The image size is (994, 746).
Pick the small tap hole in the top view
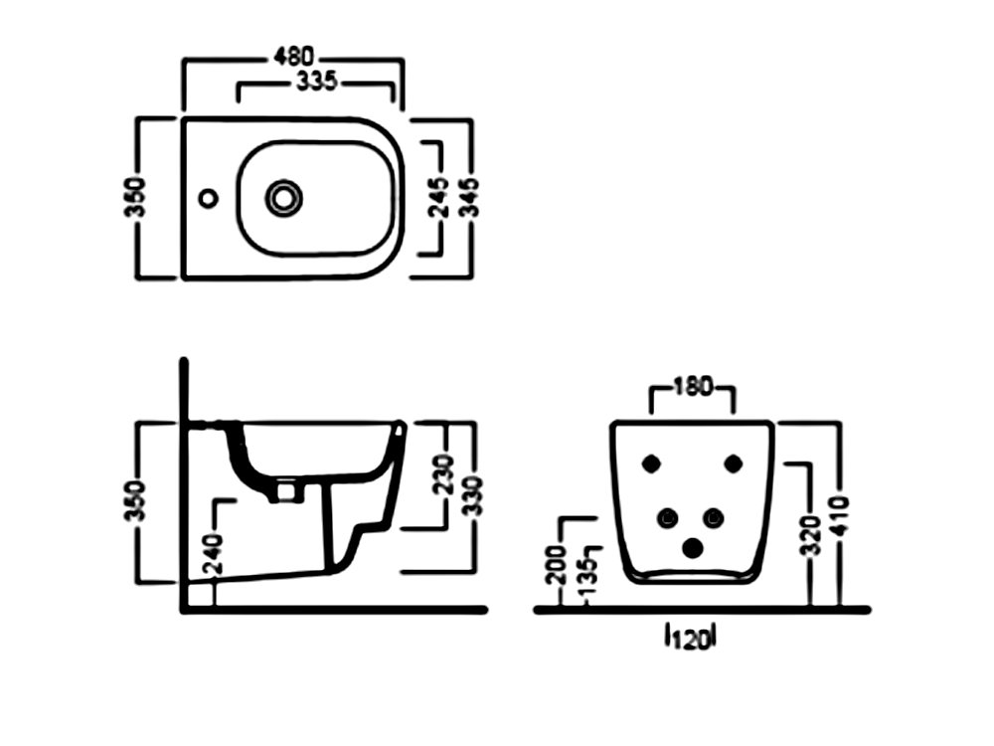pyautogui.click(x=208, y=198)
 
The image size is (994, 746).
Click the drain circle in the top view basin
pyautogui.click(x=283, y=198)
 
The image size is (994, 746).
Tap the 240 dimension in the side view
pyautogui.click(x=215, y=553)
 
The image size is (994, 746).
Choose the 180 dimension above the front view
pyautogui.click(x=692, y=388)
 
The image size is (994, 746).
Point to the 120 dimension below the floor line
pyautogui.click(x=692, y=639)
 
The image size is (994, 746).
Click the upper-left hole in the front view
pyautogui.click(x=652, y=463)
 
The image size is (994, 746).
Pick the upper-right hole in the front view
pyautogui.click(x=734, y=463)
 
